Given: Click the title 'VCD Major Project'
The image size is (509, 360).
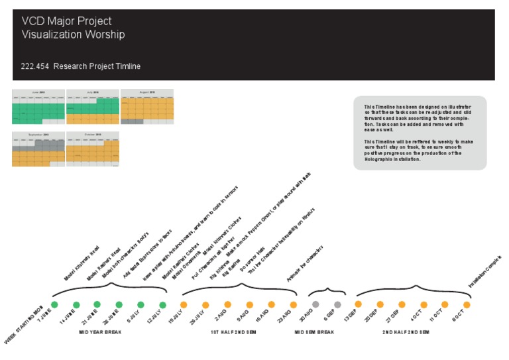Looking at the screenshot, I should (x=66, y=22).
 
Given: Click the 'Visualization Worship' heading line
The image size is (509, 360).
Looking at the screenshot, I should (x=73, y=34).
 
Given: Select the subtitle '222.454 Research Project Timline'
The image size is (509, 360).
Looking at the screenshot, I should (x=81, y=66).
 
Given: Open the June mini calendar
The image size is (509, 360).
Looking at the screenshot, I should (x=38, y=107).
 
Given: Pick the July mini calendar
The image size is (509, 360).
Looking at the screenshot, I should (x=93, y=107).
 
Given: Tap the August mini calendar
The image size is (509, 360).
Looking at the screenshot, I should (x=147, y=107).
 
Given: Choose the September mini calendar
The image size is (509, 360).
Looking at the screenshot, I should (x=38, y=149).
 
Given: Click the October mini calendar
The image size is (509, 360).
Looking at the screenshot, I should (x=93, y=149).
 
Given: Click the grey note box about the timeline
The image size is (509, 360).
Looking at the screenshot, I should (x=420, y=133).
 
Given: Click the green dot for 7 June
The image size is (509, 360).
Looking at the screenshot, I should (x=55, y=304).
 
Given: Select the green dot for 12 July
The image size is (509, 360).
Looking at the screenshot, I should (x=162, y=304).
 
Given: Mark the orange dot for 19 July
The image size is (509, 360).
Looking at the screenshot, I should (x=184, y=304).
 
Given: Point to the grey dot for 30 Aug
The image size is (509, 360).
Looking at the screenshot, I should (x=315, y=304).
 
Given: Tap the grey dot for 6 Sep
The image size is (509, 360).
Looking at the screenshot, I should (x=337, y=304).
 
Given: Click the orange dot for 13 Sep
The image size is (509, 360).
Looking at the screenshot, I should (x=359, y=304).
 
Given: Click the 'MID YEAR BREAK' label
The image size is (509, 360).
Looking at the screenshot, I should (x=100, y=332).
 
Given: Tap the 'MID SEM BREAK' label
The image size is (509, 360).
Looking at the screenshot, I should (x=314, y=332).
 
